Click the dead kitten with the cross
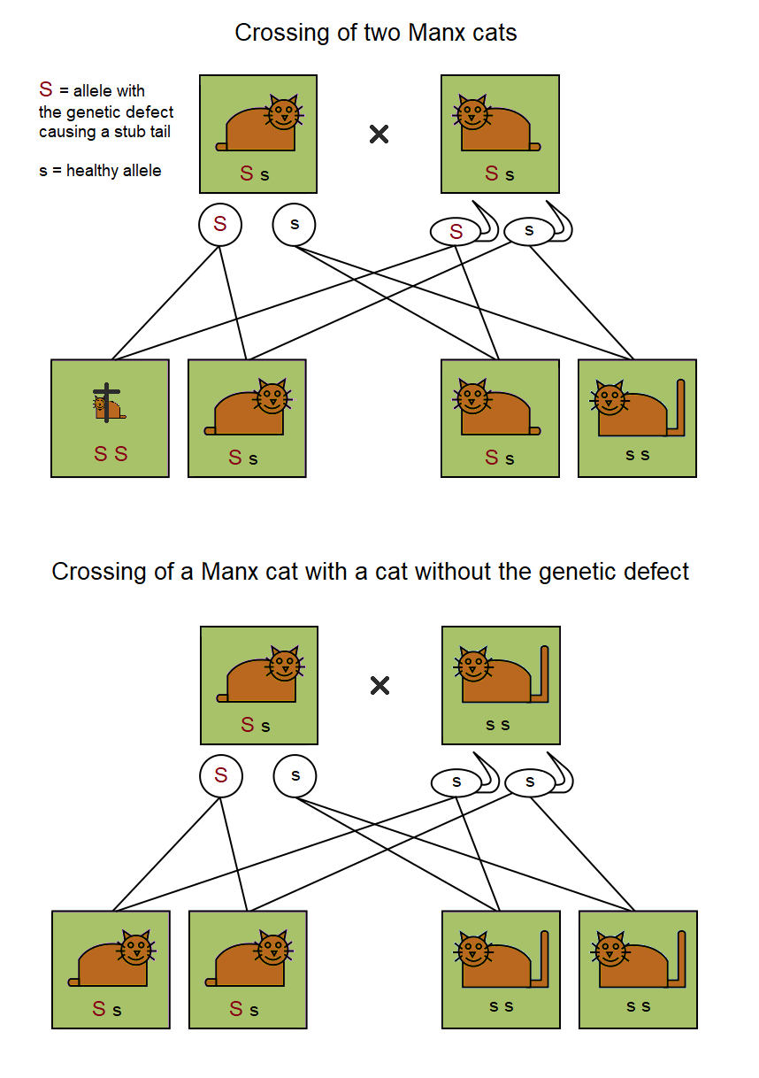(108, 404)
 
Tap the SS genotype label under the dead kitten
(111, 453)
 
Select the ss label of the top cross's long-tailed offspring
(637, 455)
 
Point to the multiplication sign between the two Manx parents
(379, 135)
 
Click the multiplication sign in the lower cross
(379, 685)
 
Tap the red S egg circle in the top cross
(219, 225)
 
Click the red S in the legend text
(46, 89)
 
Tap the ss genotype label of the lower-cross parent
(497, 725)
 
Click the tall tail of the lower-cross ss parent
(543, 674)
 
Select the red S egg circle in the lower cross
(221, 776)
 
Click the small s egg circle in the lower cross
(295, 776)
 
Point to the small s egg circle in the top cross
(294, 225)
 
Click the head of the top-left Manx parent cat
(284, 113)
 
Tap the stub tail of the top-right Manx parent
(535, 146)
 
